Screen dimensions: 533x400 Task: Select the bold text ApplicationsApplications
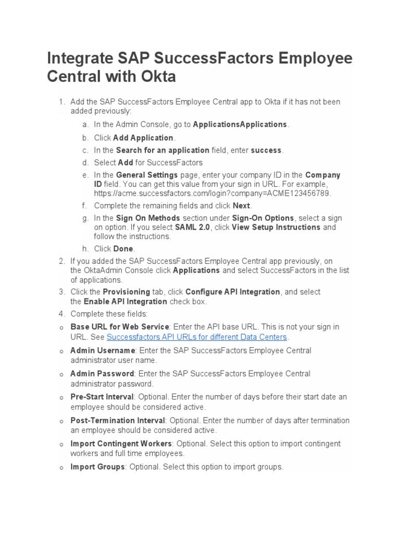(x=240, y=124)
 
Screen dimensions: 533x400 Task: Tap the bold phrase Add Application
(x=143, y=138)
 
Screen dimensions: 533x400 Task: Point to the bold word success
(x=266, y=150)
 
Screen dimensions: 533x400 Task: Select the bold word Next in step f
(x=241, y=206)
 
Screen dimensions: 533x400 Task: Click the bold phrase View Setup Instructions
(x=276, y=227)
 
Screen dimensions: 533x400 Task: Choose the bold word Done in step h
(x=123, y=249)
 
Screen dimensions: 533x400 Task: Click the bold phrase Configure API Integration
(x=233, y=292)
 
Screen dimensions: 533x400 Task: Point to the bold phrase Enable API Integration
(x=126, y=301)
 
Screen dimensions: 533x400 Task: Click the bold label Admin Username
(x=103, y=351)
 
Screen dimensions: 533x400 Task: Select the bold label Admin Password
(x=102, y=374)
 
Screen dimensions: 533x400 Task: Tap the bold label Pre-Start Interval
(x=102, y=397)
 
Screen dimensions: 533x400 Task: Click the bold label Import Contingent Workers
(x=121, y=444)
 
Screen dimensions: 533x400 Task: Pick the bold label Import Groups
(x=97, y=467)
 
